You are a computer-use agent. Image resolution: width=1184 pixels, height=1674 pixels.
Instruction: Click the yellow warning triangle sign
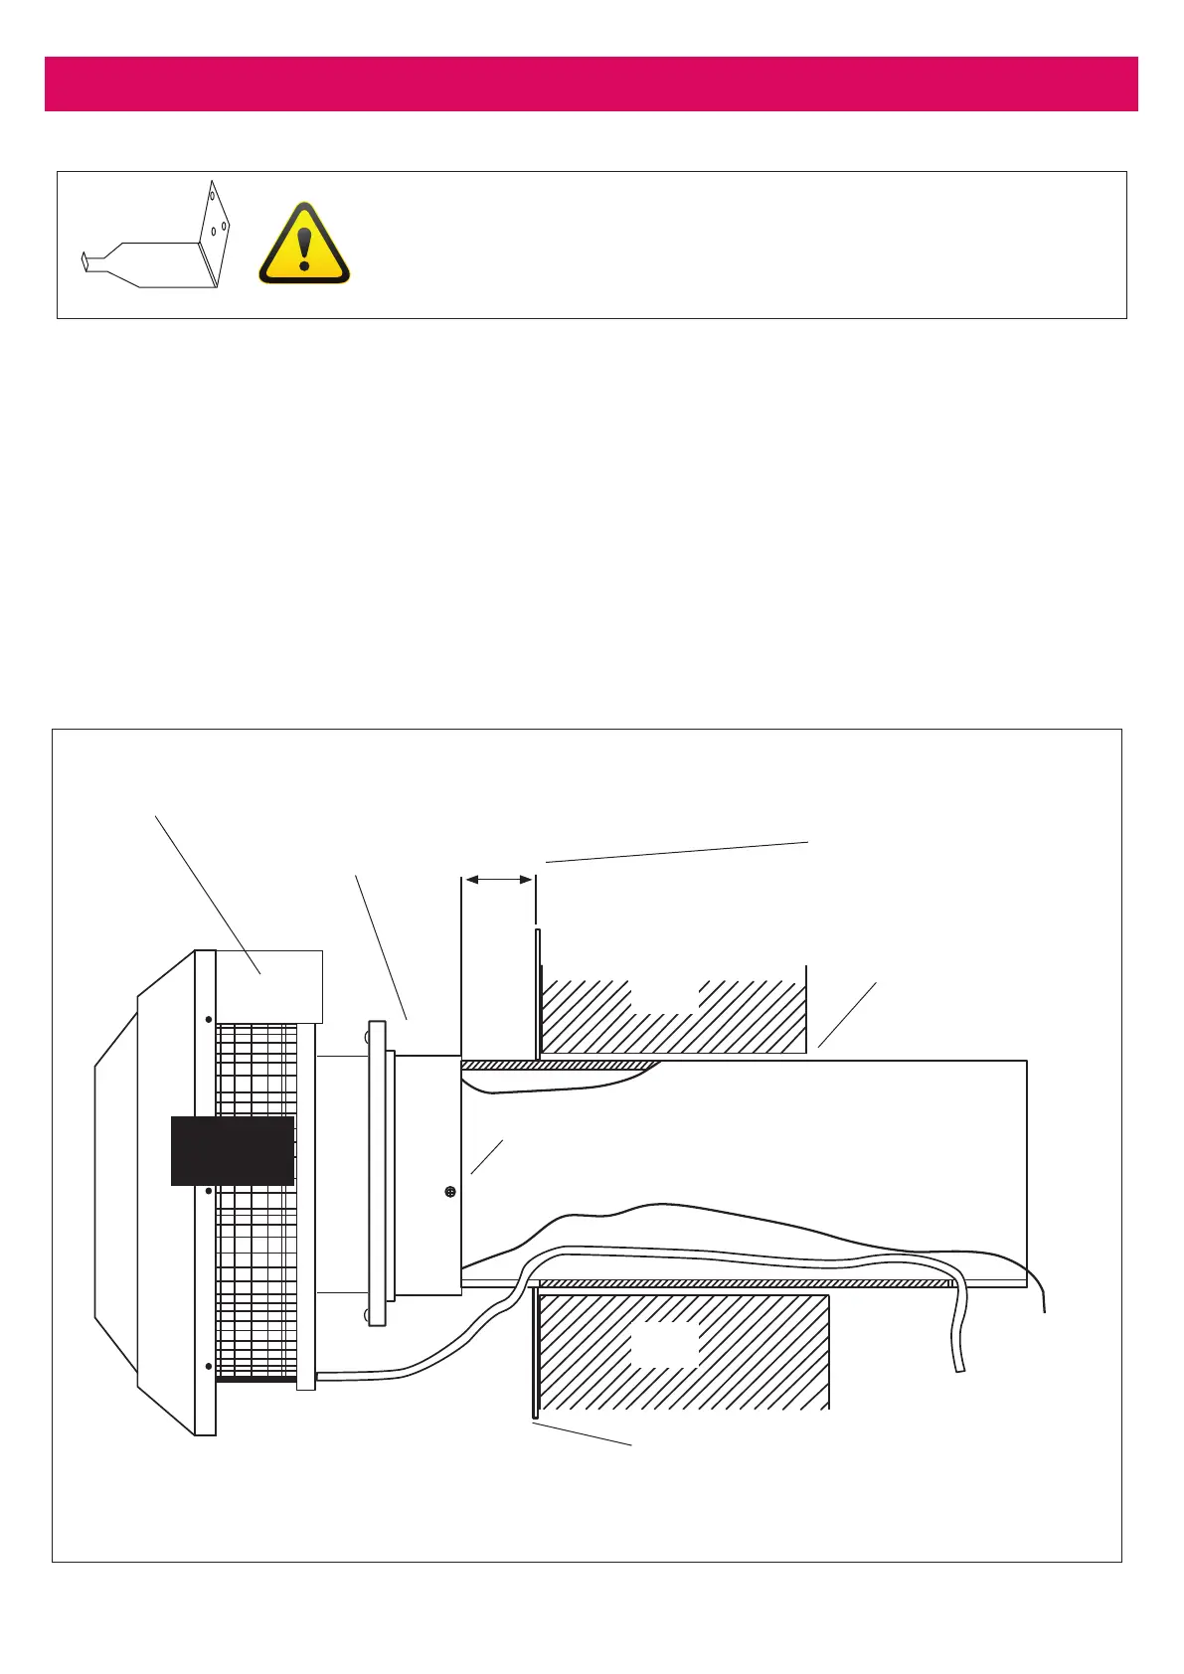click(304, 246)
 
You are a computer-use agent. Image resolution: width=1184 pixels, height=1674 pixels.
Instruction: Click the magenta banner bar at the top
click(591, 84)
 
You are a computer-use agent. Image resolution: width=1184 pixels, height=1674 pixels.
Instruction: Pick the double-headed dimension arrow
click(499, 879)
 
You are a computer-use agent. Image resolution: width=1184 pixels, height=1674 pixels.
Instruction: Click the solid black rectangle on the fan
click(233, 1150)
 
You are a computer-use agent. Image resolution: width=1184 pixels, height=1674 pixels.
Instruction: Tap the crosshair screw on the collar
click(450, 1191)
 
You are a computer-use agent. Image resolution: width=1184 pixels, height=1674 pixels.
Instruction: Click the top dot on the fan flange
click(208, 1019)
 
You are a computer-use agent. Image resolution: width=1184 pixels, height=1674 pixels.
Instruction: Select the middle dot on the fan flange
click(208, 1190)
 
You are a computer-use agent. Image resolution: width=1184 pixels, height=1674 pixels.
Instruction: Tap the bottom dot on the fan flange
click(208, 1367)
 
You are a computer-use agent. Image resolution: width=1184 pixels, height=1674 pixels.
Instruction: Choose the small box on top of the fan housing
click(268, 985)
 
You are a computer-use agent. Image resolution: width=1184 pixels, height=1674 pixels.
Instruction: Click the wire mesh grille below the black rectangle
click(256, 1282)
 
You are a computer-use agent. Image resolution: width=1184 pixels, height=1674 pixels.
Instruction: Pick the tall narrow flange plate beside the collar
click(376, 1173)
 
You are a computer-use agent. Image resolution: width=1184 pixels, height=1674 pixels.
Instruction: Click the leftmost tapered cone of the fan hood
click(116, 1193)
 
